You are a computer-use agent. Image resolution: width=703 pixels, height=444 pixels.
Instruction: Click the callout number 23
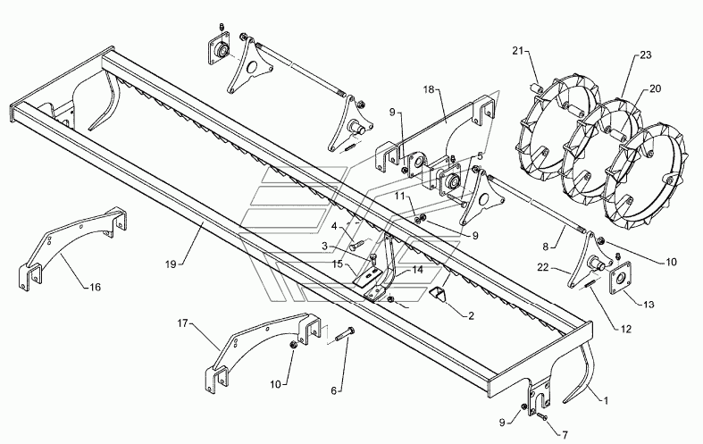645,54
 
